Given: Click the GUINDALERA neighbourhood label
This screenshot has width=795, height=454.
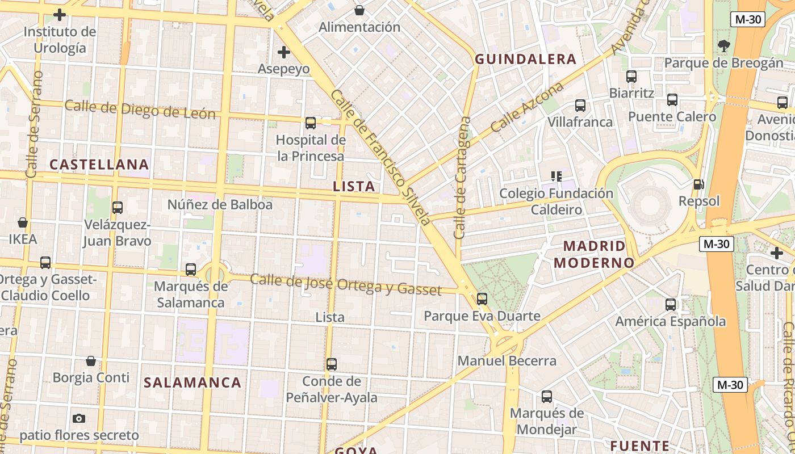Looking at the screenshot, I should click(525, 59).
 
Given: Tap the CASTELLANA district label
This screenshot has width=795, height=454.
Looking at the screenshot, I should click(99, 165).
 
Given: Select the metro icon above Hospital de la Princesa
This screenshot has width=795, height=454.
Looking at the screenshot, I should click(311, 123).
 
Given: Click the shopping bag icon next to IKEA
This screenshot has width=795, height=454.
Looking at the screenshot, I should click(23, 222).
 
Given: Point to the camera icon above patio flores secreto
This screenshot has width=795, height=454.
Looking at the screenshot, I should click(79, 418).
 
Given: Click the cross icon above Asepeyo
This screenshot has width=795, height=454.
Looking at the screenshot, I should click(283, 53).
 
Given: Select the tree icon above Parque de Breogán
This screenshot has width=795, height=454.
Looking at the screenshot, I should click(723, 46).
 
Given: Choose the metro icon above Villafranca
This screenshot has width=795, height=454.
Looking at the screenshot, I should click(580, 105).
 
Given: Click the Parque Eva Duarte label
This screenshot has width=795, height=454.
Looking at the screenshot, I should click(482, 316).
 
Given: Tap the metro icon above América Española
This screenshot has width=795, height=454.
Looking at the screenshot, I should click(671, 304).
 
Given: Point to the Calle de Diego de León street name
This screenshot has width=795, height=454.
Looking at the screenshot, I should click(140, 109).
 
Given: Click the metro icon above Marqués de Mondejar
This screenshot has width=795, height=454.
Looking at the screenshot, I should click(546, 396).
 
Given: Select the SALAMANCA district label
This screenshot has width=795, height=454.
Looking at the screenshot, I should click(193, 382).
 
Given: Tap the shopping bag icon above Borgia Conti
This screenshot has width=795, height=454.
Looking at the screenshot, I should click(91, 361).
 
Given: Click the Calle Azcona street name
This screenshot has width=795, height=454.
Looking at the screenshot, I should click(527, 107).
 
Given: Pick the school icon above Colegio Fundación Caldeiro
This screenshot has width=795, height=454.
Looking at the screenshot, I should click(556, 176).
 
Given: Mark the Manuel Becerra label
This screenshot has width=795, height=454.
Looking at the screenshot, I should click(507, 361).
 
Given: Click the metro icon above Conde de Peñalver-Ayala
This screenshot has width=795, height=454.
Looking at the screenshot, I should click(332, 364).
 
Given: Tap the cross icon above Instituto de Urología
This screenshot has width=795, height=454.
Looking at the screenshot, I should click(59, 15).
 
